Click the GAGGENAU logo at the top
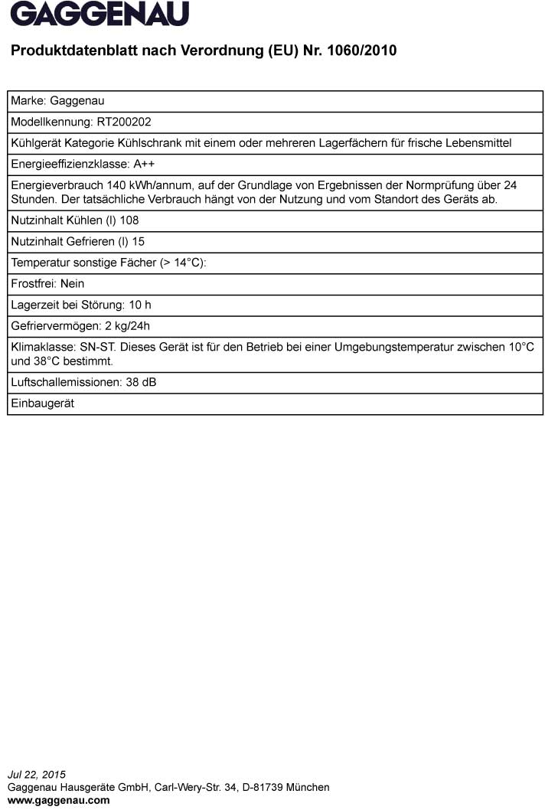[x=100, y=14]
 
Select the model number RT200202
[x=129, y=121]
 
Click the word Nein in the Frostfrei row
[x=72, y=283]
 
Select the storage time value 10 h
[x=139, y=305]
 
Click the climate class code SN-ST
[x=98, y=347]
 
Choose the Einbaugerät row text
[x=42, y=403]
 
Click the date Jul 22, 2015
[x=36, y=775]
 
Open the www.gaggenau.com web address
[x=58, y=800]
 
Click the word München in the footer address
[x=308, y=787]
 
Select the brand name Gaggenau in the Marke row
[x=77, y=100]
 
